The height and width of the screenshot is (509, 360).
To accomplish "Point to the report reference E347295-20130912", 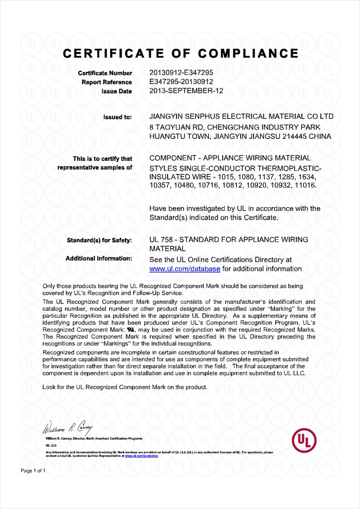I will pyautogui.click(x=181, y=82).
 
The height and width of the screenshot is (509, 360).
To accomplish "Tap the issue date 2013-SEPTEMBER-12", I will pyautogui.click(x=186, y=91).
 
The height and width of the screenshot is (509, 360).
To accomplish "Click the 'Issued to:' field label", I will pyautogui.click(x=118, y=117).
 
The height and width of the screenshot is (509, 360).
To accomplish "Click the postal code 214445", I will pyautogui.click(x=298, y=136).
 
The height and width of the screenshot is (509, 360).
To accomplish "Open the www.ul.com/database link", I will pyautogui.click(x=185, y=269).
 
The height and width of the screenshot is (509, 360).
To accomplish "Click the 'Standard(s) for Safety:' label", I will pyautogui.click(x=100, y=240).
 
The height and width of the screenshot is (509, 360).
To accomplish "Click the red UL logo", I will pyautogui.click(x=304, y=441).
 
